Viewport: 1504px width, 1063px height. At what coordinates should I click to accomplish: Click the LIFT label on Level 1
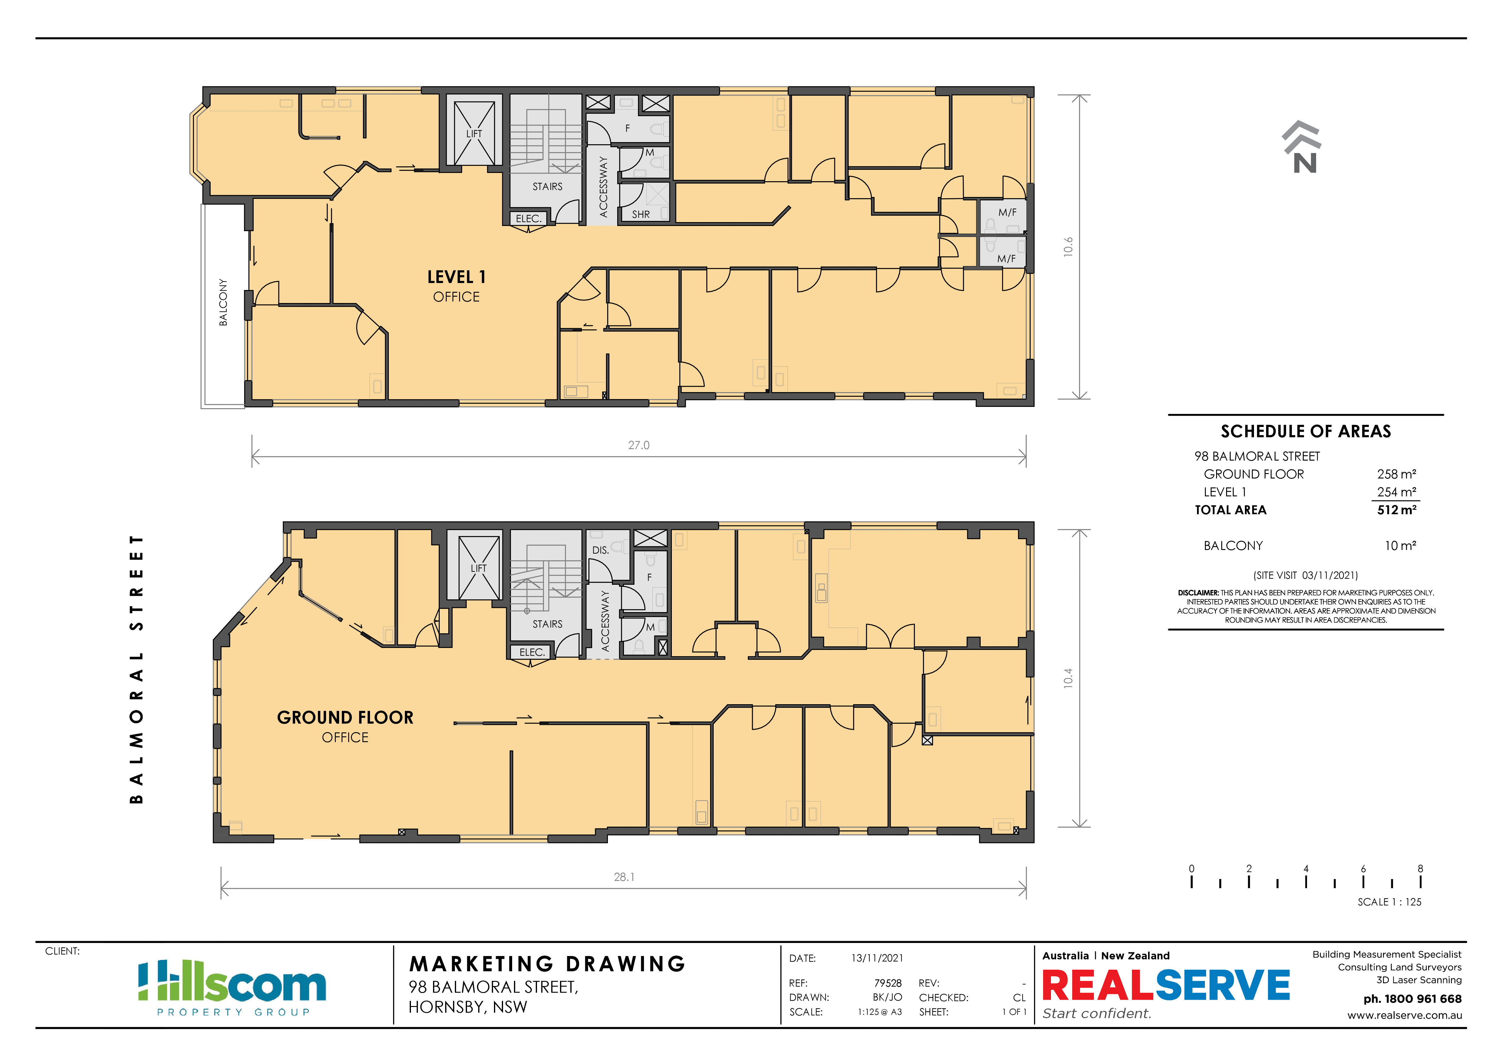(x=474, y=134)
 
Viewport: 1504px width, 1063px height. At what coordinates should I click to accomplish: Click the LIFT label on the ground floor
(x=478, y=568)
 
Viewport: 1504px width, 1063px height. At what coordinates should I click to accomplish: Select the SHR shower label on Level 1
(x=641, y=214)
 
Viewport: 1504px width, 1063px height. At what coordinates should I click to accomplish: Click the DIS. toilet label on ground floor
(x=600, y=550)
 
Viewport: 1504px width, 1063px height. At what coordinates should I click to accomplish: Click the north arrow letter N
(x=1305, y=162)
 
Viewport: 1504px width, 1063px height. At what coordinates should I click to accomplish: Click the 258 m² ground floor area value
(x=1396, y=474)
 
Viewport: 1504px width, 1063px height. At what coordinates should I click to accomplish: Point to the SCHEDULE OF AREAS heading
(x=1306, y=431)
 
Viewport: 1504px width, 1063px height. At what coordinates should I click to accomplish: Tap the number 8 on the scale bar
(x=1420, y=868)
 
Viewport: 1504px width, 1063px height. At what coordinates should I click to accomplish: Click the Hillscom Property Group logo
(x=232, y=987)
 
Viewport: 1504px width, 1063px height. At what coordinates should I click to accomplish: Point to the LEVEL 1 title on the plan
(x=457, y=277)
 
